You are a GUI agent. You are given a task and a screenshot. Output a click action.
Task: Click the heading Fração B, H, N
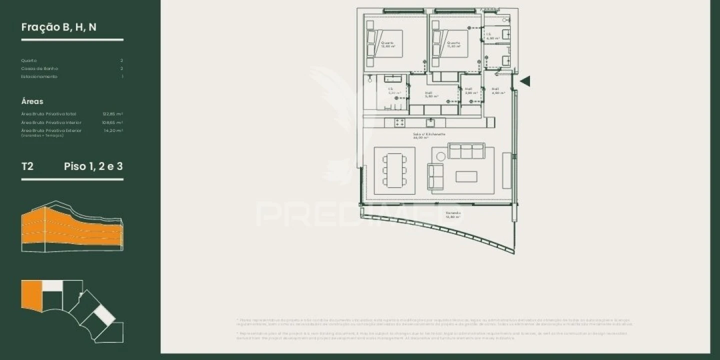pyautogui.click(x=59, y=27)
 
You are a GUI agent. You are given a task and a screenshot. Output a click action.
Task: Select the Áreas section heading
pyautogui.click(x=32, y=101)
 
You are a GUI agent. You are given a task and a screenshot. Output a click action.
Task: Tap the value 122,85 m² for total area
pyautogui.click(x=112, y=114)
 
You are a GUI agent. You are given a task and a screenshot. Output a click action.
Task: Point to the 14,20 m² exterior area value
pyautogui.click(x=113, y=130)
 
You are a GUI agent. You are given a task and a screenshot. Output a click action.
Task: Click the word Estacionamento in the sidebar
pyautogui.click(x=39, y=76)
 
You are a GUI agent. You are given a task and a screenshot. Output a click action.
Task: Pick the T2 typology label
pyautogui.click(x=27, y=166)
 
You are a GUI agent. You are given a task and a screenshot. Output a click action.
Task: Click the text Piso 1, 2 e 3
pyautogui.click(x=93, y=166)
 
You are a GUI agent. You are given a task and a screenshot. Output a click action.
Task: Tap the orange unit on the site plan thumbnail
pyautogui.click(x=31, y=296)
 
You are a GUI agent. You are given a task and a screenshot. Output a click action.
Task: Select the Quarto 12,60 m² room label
pyautogui.click(x=388, y=44)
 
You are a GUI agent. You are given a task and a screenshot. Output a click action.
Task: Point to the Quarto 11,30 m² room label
pyautogui.click(x=454, y=44)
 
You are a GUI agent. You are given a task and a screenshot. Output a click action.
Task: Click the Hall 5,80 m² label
pyautogui.click(x=431, y=94)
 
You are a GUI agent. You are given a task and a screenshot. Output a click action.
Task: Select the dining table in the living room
pyautogui.click(x=394, y=170)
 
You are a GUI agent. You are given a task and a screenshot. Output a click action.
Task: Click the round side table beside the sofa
pyautogui.click(x=440, y=156)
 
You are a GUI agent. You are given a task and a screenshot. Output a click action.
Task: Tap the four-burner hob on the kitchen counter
pyautogui.click(x=399, y=122)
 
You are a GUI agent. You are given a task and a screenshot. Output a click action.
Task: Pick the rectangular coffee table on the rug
pyautogui.click(x=466, y=176)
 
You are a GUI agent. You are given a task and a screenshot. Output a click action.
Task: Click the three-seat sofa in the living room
pyautogui.click(x=466, y=150)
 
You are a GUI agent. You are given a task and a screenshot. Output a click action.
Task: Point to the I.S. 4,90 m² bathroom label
pyautogui.click(x=492, y=36)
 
